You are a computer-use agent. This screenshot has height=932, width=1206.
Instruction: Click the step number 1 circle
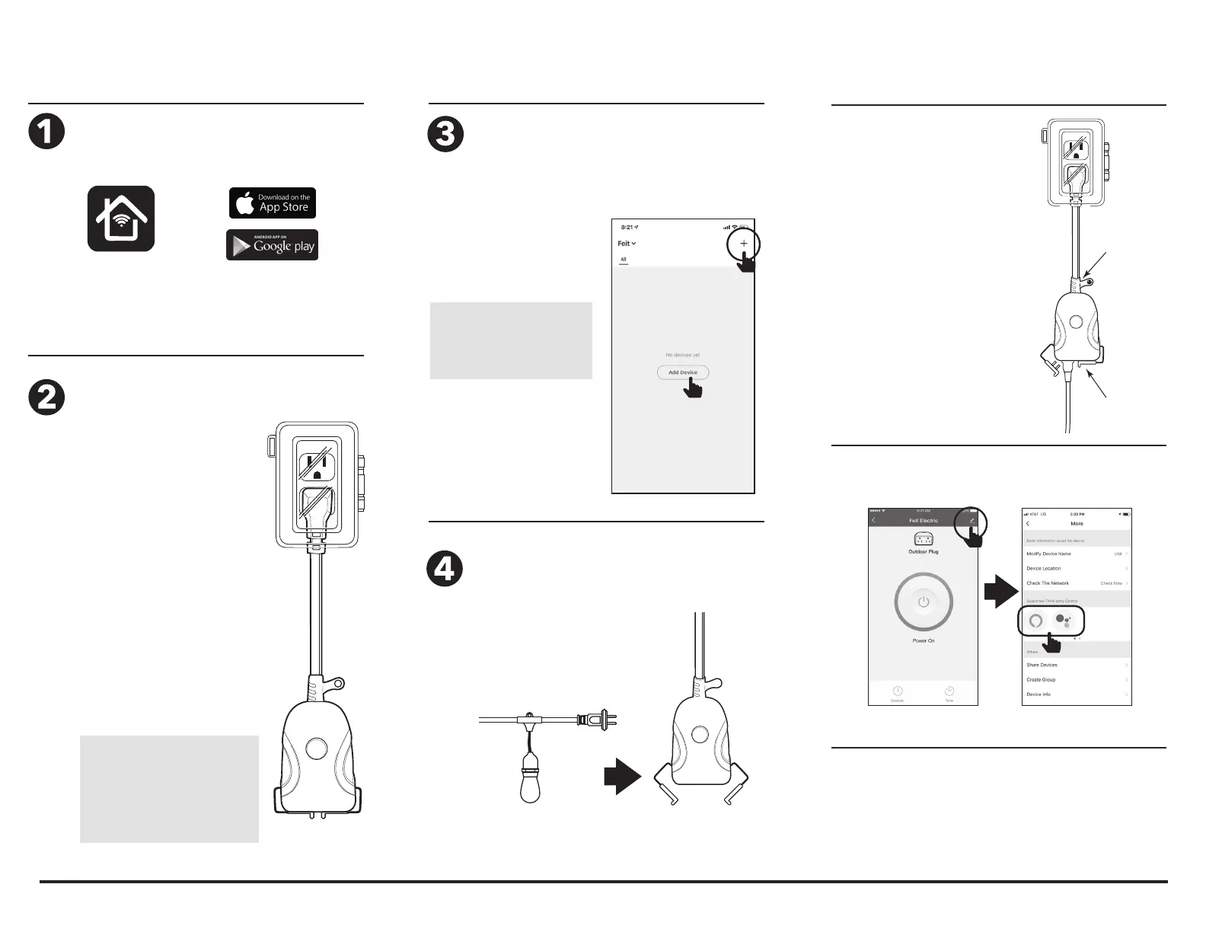click(x=46, y=132)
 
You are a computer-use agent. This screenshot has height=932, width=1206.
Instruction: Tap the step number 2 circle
click(x=46, y=397)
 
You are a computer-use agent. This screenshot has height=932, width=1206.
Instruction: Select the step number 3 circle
click(x=446, y=134)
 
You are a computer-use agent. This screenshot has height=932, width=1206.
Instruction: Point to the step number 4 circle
click(x=446, y=569)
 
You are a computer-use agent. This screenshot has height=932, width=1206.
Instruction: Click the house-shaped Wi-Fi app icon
click(x=121, y=219)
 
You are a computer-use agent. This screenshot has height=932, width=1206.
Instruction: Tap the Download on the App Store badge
click(x=273, y=203)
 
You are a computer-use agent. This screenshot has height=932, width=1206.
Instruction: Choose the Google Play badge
click(x=273, y=245)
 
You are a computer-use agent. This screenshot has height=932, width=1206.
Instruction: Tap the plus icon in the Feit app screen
click(x=744, y=244)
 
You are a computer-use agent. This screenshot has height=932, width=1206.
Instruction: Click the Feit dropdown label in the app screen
click(x=626, y=244)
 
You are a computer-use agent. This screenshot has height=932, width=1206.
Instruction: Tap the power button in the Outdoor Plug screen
click(x=924, y=602)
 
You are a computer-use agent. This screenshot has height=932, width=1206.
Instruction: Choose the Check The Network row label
click(x=1048, y=583)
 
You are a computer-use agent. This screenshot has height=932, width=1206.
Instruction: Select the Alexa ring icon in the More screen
click(x=1035, y=621)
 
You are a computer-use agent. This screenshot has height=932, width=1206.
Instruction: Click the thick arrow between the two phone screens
click(x=1000, y=592)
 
